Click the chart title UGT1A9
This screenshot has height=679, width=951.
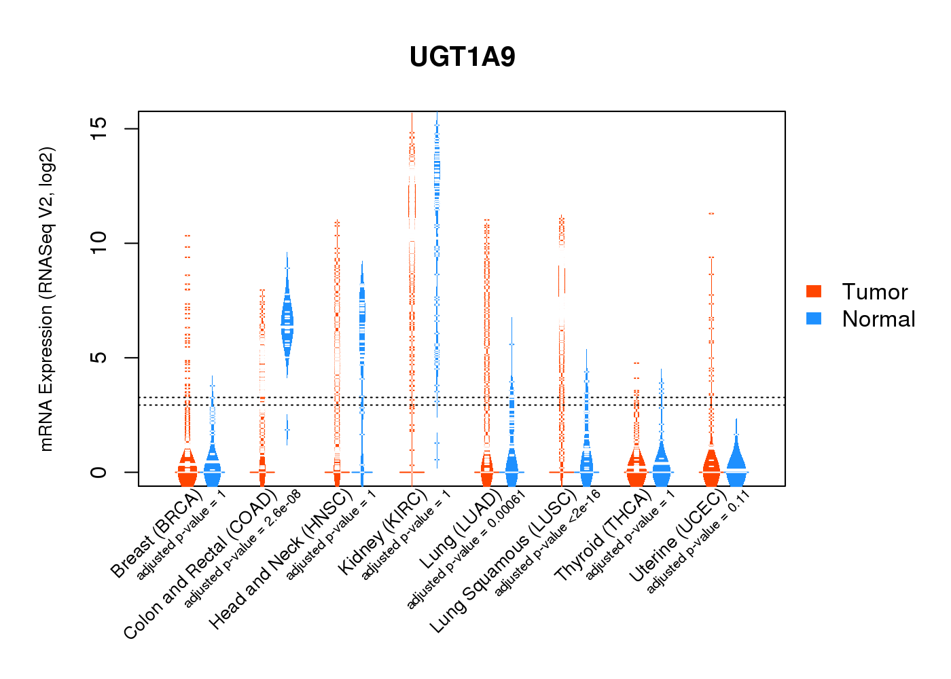coord(462,57)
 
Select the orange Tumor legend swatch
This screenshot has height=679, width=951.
coord(814,291)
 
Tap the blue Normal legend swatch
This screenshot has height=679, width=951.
coord(814,318)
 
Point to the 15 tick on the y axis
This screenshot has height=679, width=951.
coord(99,128)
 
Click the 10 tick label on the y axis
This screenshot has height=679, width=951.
coord(99,243)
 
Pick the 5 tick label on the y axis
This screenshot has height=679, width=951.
coord(99,357)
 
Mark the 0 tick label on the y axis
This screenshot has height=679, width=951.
coord(99,472)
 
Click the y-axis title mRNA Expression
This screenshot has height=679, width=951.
coord(46,299)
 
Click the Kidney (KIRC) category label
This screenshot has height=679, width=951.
coord(382,532)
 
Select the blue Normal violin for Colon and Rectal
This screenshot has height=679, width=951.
coord(287,323)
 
